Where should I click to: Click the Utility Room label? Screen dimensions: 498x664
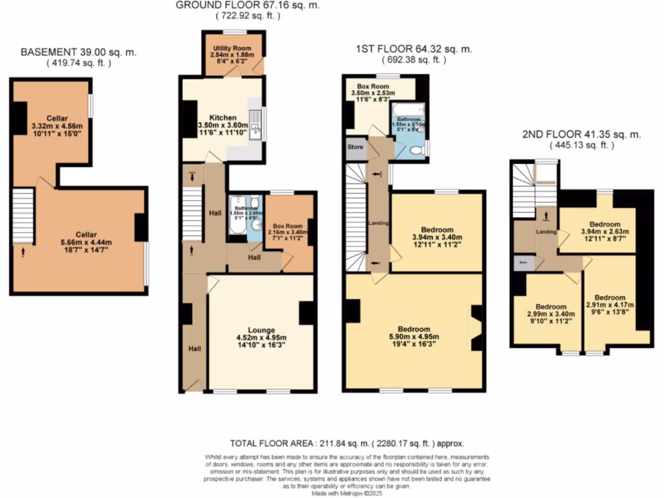pyautogui.click(x=231, y=48)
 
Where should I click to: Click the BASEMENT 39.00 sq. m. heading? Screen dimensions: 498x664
pyautogui.click(x=79, y=52)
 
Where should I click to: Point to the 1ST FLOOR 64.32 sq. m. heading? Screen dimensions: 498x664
pyautogui.click(x=414, y=49)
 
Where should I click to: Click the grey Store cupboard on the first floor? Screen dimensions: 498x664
pyautogui.click(x=355, y=147)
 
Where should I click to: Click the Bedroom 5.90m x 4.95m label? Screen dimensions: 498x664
pyautogui.click(x=414, y=329)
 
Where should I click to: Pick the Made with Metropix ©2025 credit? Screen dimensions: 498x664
pyautogui.click(x=335, y=493)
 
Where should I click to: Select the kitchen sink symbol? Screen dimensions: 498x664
pyautogui.click(x=257, y=132)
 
